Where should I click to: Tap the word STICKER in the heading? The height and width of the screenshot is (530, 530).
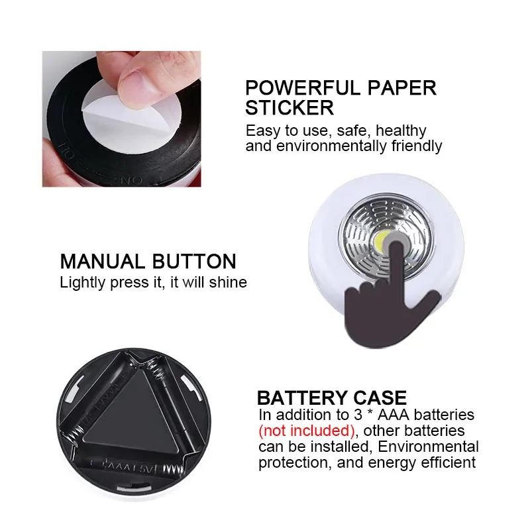tap(290, 107)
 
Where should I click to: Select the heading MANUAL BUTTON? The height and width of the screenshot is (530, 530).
tap(148, 261)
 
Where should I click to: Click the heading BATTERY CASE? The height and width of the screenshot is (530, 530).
tap(331, 398)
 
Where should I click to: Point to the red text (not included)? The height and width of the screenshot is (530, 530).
tap(307, 431)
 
